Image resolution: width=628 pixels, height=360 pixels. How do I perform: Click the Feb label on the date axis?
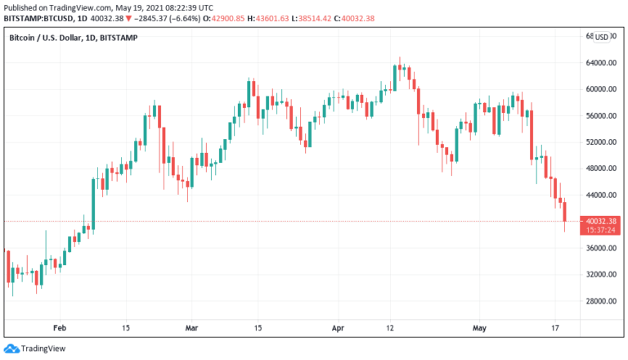pyautogui.click(x=60, y=327)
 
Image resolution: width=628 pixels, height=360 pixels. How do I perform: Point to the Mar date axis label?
pyautogui.click(x=192, y=327)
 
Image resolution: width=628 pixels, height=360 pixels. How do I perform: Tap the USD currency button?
pyautogui.click(x=601, y=37)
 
